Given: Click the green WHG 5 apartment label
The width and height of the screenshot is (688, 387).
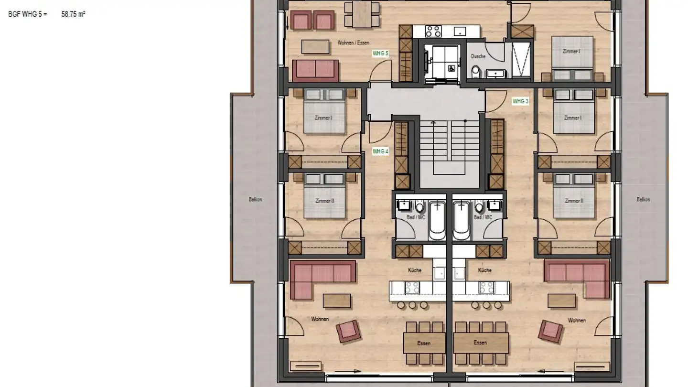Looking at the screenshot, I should (x=380, y=54).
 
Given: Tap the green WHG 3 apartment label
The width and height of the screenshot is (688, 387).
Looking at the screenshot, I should (x=520, y=101).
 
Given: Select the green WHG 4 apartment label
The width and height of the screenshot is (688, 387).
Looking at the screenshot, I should (x=380, y=151).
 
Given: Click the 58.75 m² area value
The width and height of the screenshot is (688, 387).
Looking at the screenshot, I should (x=73, y=14).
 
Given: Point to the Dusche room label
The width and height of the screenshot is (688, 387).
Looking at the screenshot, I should (x=478, y=56).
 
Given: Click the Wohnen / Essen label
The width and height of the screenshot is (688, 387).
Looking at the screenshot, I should (x=353, y=43).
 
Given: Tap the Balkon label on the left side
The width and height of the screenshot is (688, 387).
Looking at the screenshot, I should (x=255, y=200).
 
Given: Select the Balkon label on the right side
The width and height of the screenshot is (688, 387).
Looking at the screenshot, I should (x=643, y=200).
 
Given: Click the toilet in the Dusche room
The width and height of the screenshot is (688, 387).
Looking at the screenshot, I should (x=475, y=72).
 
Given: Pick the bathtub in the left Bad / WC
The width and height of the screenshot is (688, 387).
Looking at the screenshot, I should (x=437, y=221).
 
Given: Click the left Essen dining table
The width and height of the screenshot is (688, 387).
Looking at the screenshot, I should (x=424, y=343).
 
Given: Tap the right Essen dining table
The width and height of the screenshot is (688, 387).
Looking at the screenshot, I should (x=481, y=343).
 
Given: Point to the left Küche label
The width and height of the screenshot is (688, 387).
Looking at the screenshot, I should (x=415, y=270).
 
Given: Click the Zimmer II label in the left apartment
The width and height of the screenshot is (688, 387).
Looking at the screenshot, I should (x=324, y=201).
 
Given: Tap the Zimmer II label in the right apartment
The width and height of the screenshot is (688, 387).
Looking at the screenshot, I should (x=573, y=201).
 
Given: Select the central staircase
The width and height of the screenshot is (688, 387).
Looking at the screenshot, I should (x=450, y=148).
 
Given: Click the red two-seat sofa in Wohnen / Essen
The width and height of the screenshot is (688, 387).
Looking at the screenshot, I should (x=315, y=70).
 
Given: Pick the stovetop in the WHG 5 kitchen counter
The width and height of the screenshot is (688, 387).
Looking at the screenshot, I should (x=433, y=32).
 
